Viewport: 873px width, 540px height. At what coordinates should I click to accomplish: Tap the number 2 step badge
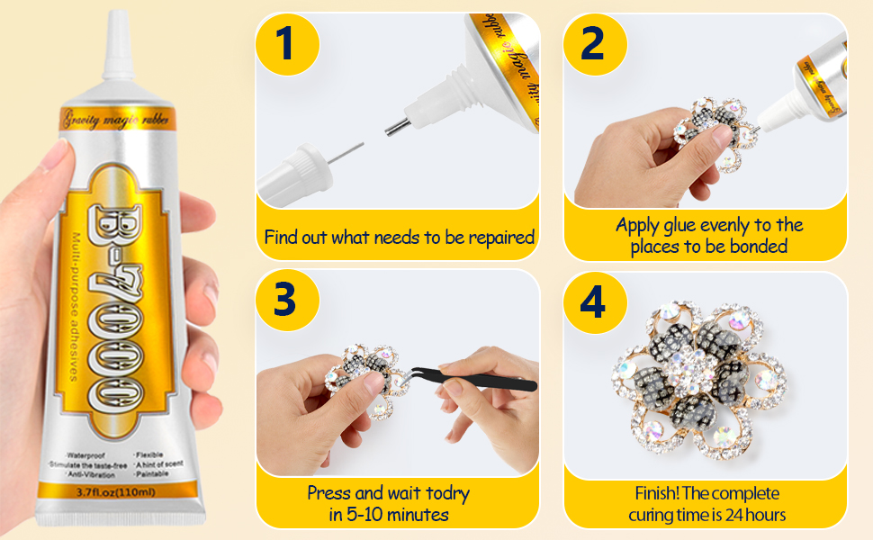(592, 43)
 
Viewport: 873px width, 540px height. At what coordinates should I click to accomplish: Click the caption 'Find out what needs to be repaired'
(399, 238)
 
